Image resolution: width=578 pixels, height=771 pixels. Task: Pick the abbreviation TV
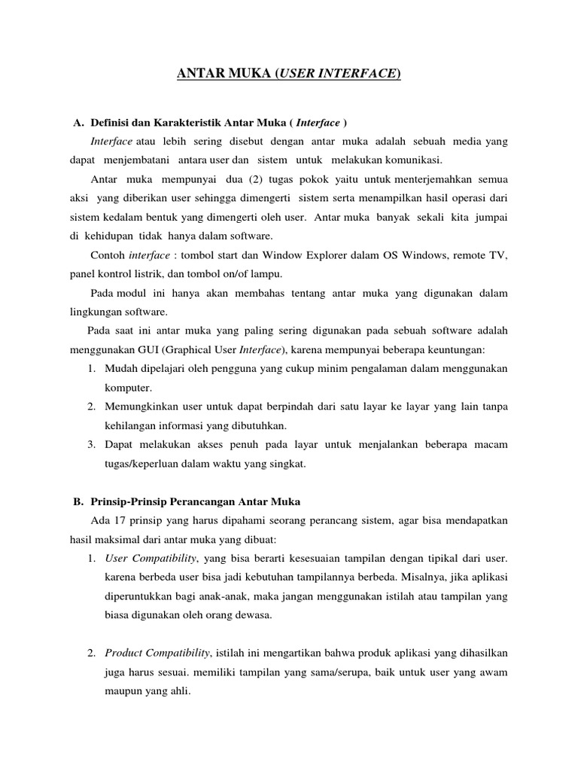click(x=501, y=255)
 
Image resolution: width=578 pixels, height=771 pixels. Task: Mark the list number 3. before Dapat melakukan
click(x=90, y=444)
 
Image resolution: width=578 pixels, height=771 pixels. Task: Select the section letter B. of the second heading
click(x=78, y=501)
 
